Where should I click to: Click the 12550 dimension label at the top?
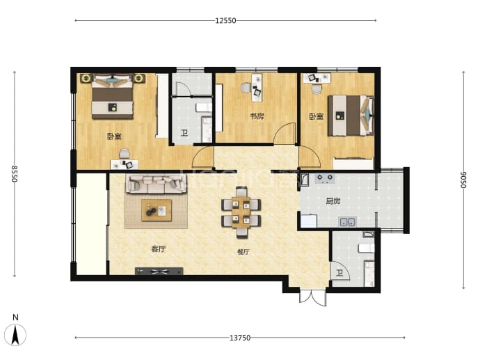click(225, 20)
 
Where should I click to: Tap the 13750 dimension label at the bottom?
click(240, 338)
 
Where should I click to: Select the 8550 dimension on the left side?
click(15, 173)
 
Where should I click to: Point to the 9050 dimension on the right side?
click(463, 180)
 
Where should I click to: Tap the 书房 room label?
click(257, 116)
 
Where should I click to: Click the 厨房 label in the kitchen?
click(333, 201)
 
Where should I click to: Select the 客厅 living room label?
click(159, 249)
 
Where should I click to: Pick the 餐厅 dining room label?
click(243, 252)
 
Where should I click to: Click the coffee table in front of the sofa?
click(156, 210)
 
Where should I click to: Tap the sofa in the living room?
click(156, 184)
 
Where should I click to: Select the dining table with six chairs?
click(241, 212)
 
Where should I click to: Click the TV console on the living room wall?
click(159, 271)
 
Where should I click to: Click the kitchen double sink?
click(347, 222)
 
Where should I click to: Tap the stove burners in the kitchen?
click(325, 178)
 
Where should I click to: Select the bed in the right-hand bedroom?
click(351, 116)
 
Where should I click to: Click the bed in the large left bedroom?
click(113, 96)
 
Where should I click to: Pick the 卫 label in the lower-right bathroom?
click(339, 273)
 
